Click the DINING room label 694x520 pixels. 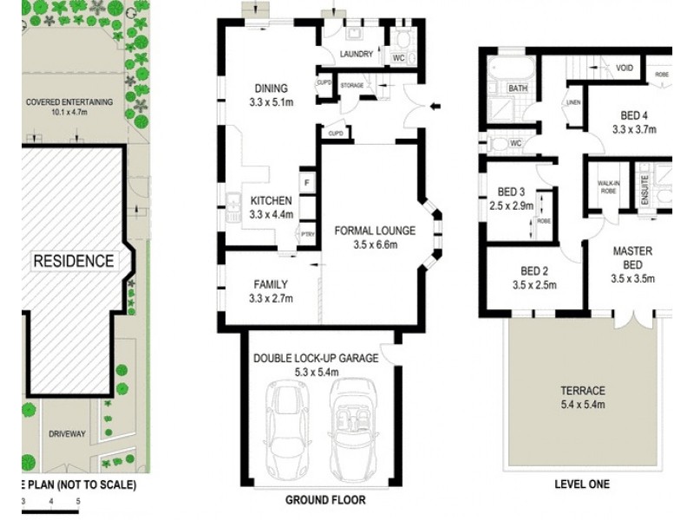click(x=272, y=88)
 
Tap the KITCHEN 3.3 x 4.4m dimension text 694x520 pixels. click(x=272, y=215)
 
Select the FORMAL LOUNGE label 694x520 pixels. click(x=375, y=231)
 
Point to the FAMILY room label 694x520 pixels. click(x=271, y=284)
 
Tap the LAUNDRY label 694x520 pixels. click(x=357, y=54)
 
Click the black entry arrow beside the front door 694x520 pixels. click(x=436, y=106)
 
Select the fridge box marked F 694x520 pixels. click(x=307, y=182)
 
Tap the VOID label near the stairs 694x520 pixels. click(x=625, y=68)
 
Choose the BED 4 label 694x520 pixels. click(x=634, y=116)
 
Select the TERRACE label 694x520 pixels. click(x=583, y=391)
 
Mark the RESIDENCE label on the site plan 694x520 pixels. click(x=74, y=261)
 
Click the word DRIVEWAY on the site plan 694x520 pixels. click(x=67, y=434)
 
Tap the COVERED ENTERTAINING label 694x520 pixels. click(x=69, y=101)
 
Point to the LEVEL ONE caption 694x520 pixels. click(x=582, y=484)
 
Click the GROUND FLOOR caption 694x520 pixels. click(x=325, y=500)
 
